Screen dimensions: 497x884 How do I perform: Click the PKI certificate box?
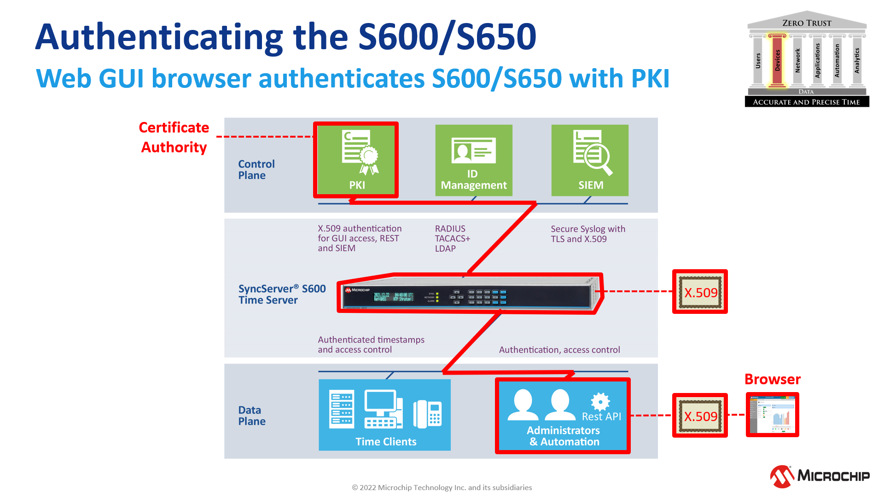356,160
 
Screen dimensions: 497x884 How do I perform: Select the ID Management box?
474,160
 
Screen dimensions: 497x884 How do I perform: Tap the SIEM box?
590,160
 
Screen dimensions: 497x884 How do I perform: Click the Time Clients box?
384,415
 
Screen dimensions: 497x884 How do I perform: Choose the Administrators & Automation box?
563,416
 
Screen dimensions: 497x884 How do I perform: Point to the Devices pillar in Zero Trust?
777,60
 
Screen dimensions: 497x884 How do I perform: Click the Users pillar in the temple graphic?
758,60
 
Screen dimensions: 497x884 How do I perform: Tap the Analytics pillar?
857,60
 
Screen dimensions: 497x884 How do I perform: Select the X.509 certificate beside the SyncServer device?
700,292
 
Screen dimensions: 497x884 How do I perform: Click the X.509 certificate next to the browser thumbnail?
700,416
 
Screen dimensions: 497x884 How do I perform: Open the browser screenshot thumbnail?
773,415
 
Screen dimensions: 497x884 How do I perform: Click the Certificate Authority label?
174,137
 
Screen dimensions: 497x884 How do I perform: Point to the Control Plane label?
256,170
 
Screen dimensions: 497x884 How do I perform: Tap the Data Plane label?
252,416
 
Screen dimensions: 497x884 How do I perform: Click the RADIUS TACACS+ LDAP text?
452,238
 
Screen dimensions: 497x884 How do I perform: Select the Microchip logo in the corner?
820,476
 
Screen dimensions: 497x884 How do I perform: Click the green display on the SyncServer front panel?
394,297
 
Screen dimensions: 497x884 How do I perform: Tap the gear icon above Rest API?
600,401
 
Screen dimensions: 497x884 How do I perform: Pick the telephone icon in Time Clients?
428,413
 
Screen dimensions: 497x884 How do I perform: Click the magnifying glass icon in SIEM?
598,158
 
